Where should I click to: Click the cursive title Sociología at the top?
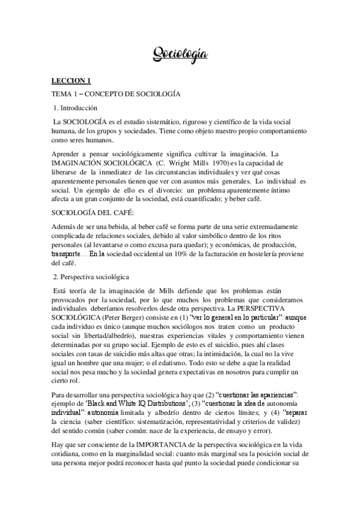(180, 55)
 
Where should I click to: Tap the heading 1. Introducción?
(75, 109)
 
